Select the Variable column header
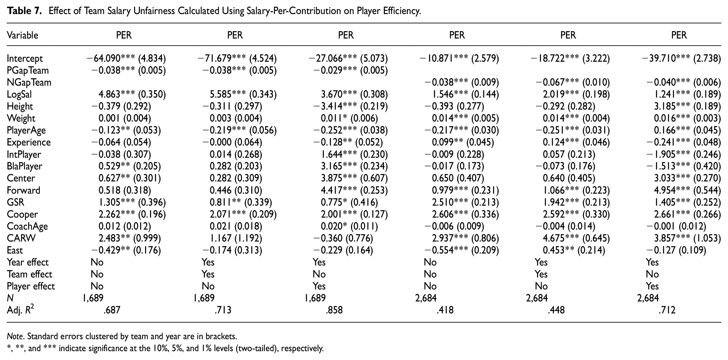(22, 35)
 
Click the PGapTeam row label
(28, 70)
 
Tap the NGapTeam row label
(29, 82)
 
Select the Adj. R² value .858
(334, 310)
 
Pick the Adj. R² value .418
(445, 310)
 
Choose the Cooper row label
(22, 214)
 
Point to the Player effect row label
(30, 286)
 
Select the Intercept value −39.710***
(666, 58)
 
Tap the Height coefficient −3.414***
(333, 106)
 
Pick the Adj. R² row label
(20, 310)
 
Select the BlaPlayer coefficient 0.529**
(114, 166)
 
